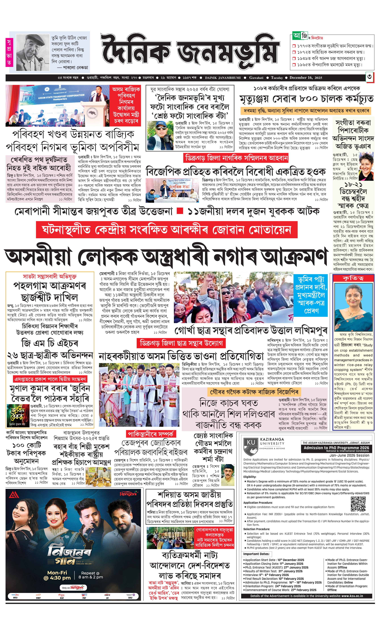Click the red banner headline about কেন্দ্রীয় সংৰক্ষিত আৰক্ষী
click(x=167, y=230)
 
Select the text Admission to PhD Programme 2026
click(x=336, y=448)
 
